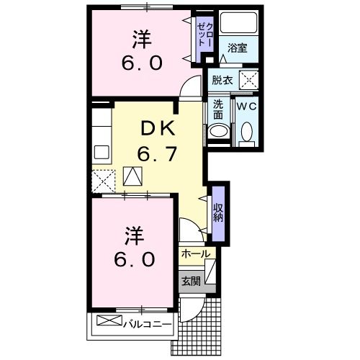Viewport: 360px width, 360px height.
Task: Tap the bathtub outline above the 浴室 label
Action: [238, 23]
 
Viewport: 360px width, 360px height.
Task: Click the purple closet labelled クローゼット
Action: [204, 37]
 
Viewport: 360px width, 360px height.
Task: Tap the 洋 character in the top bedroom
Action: [140, 36]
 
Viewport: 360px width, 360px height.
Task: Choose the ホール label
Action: [195, 254]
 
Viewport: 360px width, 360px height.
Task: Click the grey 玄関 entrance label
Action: [190, 281]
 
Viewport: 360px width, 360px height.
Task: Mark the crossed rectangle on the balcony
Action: [105, 321]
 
